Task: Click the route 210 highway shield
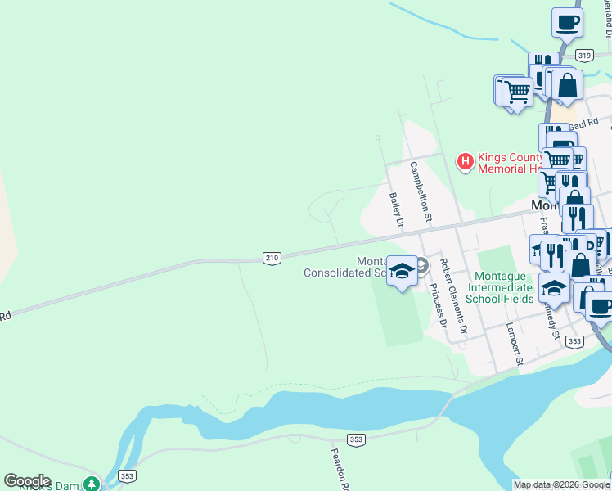pos(272,258)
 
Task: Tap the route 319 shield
pos(583,55)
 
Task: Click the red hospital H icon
pos(465,161)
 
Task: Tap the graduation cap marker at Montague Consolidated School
pos(402,272)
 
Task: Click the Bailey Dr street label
pos(397,209)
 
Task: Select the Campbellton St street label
pos(421,191)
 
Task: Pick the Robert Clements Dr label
pos(452,296)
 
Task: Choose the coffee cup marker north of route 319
pos(567,24)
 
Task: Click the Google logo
pos(27,481)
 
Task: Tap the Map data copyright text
pos(561,484)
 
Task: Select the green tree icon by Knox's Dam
pos(92,484)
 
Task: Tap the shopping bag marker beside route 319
pos(566,84)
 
